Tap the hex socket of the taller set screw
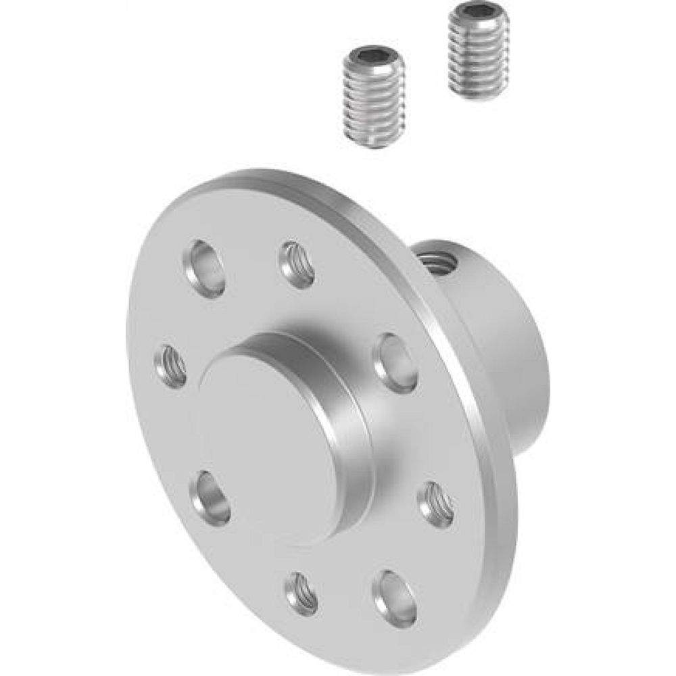471,14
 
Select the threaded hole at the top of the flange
298,264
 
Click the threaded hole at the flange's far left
170,366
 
